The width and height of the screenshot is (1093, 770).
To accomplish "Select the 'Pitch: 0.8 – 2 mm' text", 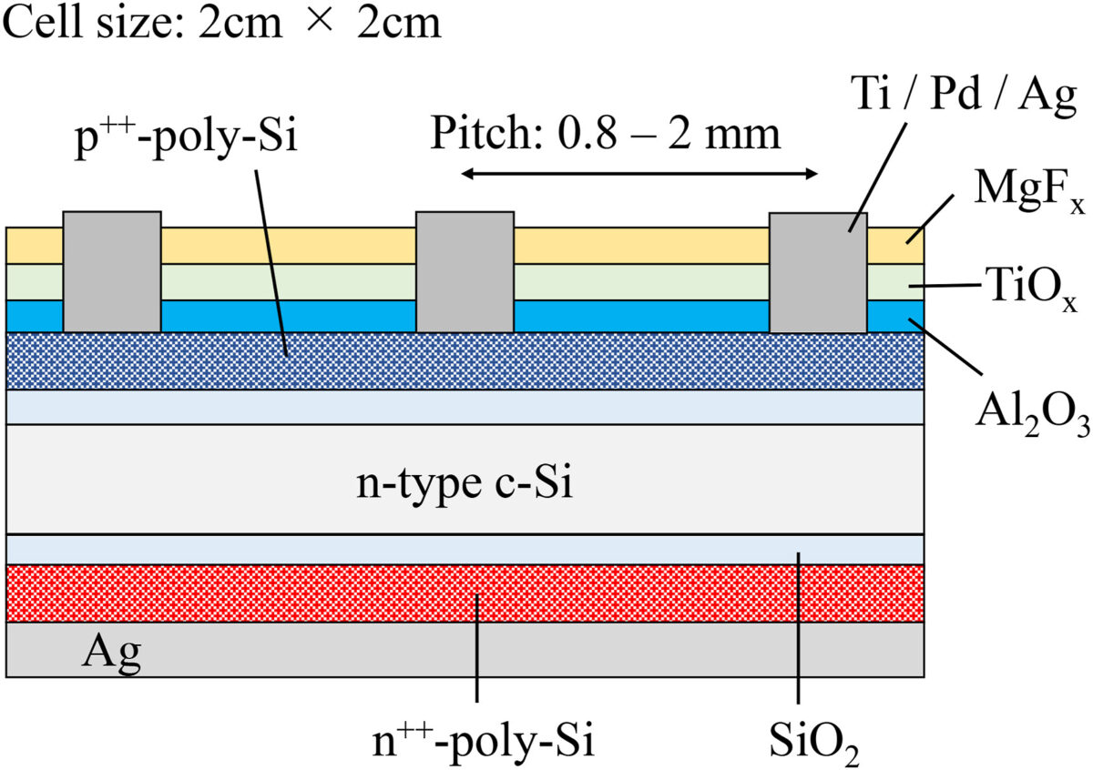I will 606,136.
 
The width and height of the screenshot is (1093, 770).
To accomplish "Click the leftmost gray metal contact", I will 112,271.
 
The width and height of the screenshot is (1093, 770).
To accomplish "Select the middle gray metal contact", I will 465,271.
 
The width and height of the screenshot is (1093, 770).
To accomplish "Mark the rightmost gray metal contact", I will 818,271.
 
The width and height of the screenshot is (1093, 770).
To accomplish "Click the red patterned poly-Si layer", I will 273,593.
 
